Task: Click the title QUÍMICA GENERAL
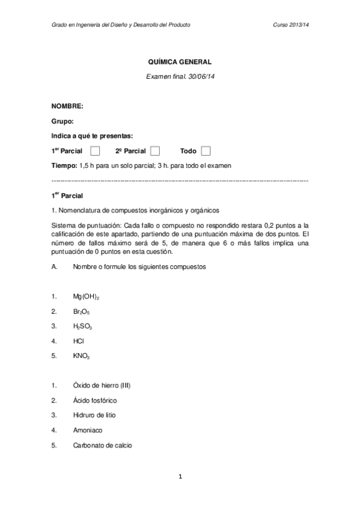pos(180,61)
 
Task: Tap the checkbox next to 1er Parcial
pos(95,150)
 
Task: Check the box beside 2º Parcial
pos(154,150)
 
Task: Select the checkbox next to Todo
pos(206,150)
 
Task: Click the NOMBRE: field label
pos(67,106)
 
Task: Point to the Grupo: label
pos(63,121)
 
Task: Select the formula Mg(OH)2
pos(86,297)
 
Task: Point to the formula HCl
pos(78,341)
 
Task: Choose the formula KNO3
pos(81,356)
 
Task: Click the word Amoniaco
pos(88,430)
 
